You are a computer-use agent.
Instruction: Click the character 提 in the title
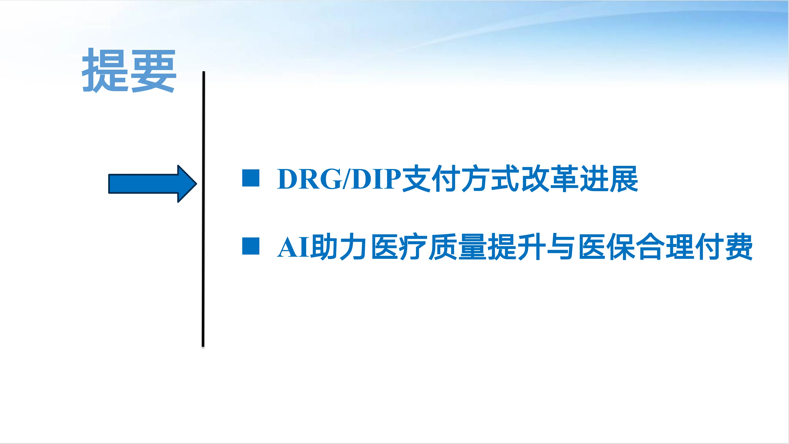point(105,70)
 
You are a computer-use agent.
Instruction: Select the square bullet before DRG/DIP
point(251,178)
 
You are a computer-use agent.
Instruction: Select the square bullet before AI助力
point(251,246)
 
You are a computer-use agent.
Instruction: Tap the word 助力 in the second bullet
point(338,247)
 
